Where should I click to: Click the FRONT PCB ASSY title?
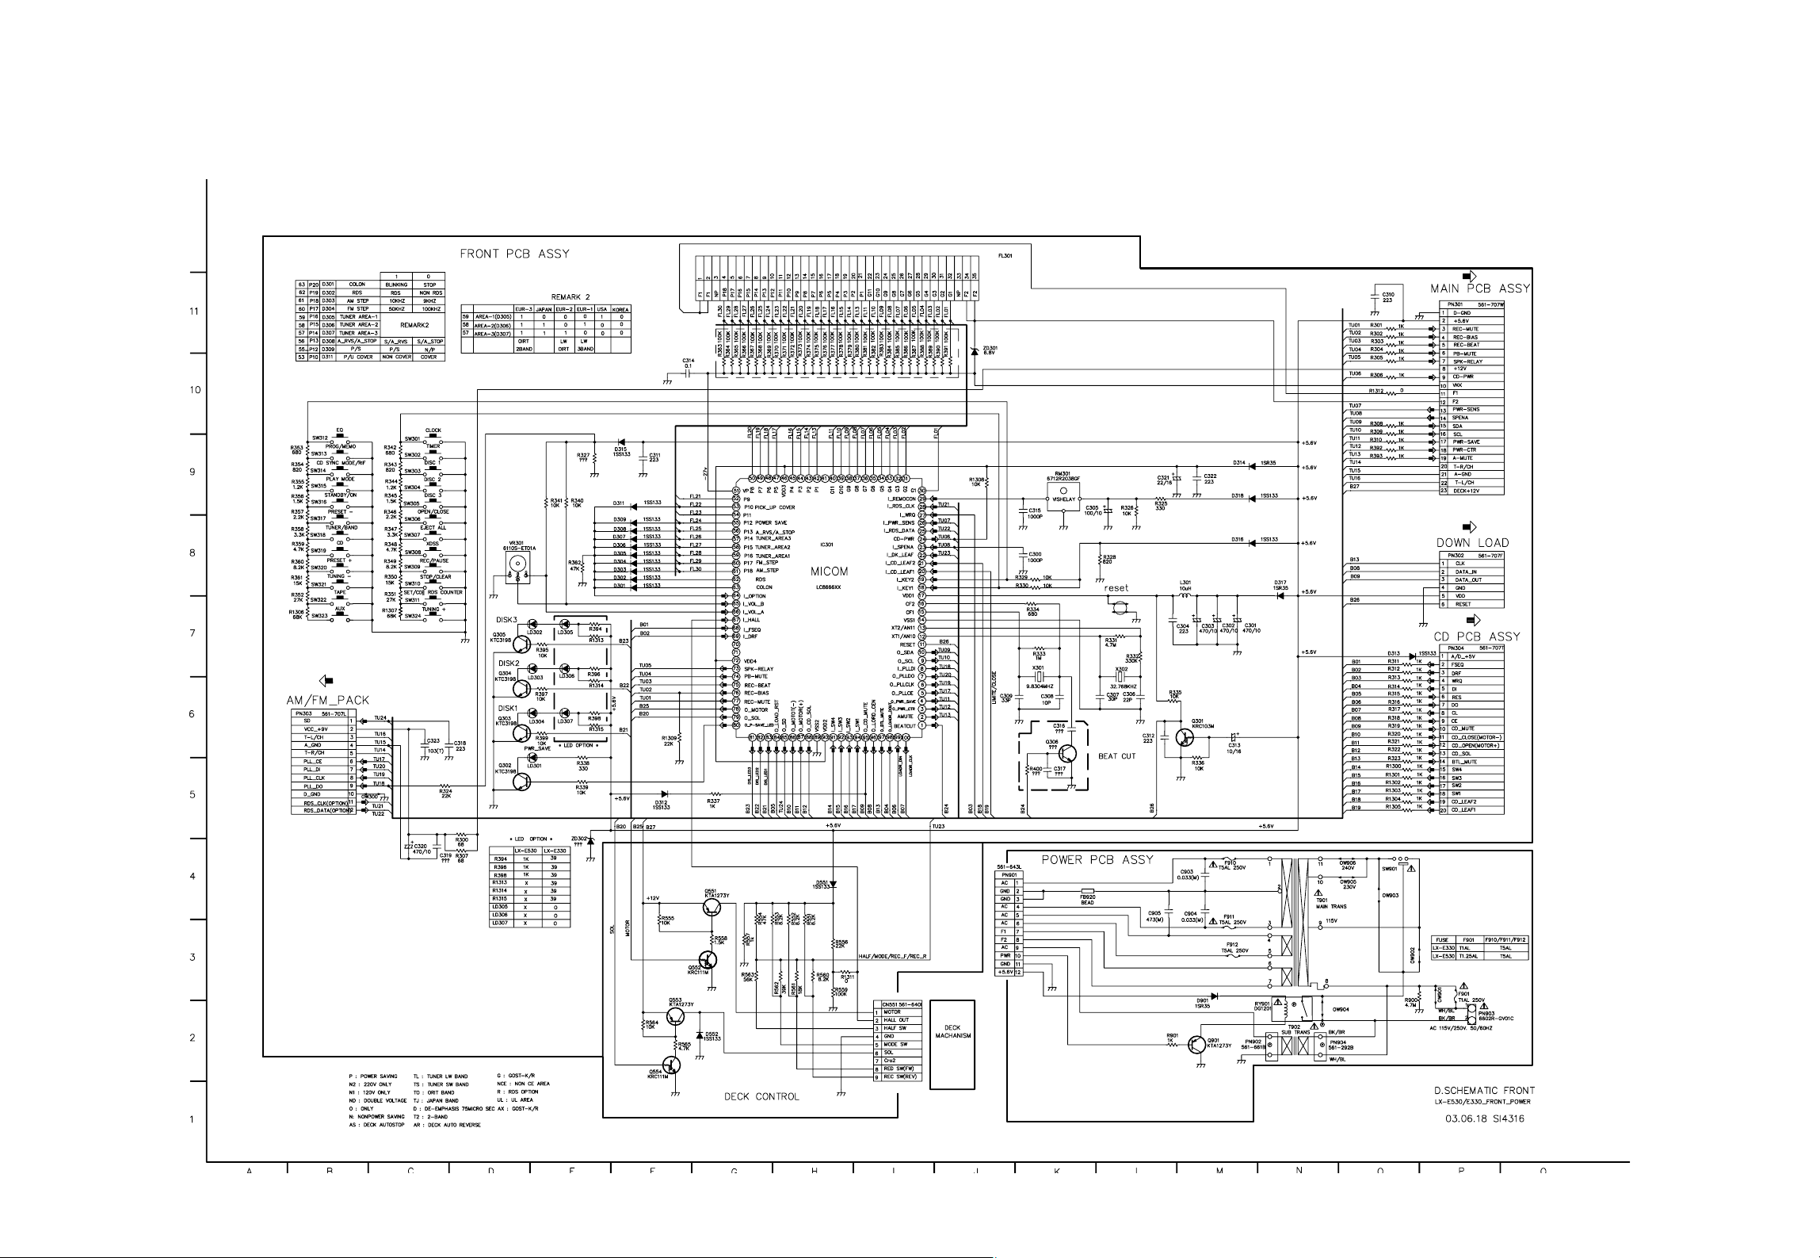[x=514, y=254]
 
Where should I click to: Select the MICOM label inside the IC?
[x=829, y=571]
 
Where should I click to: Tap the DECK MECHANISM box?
[x=952, y=1032]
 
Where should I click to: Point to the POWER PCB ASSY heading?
[x=1097, y=859]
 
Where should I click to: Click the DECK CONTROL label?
[x=761, y=1096]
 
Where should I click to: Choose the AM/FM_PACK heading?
[x=328, y=701]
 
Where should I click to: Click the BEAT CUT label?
[x=1116, y=755]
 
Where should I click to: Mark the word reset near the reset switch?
[x=1116, y=588]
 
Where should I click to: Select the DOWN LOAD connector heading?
[x=1472, y=543]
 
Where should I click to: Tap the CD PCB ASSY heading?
[x=1476, y=637]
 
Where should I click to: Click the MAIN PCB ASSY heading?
[x=1479, y=289]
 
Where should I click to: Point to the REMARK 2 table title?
[x=570, y=297]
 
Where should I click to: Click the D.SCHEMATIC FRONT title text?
[x=1483, y=1090]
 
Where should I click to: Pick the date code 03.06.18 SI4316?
[x=1484, y=1118]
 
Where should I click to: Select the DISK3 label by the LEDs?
[x=507, y=620]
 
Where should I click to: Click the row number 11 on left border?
[x=194, y=311]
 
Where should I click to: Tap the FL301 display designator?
[x=1005, y=257]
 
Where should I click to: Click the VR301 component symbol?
[x=517, y=564]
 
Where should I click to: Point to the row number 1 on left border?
[x=192, y=1119]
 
